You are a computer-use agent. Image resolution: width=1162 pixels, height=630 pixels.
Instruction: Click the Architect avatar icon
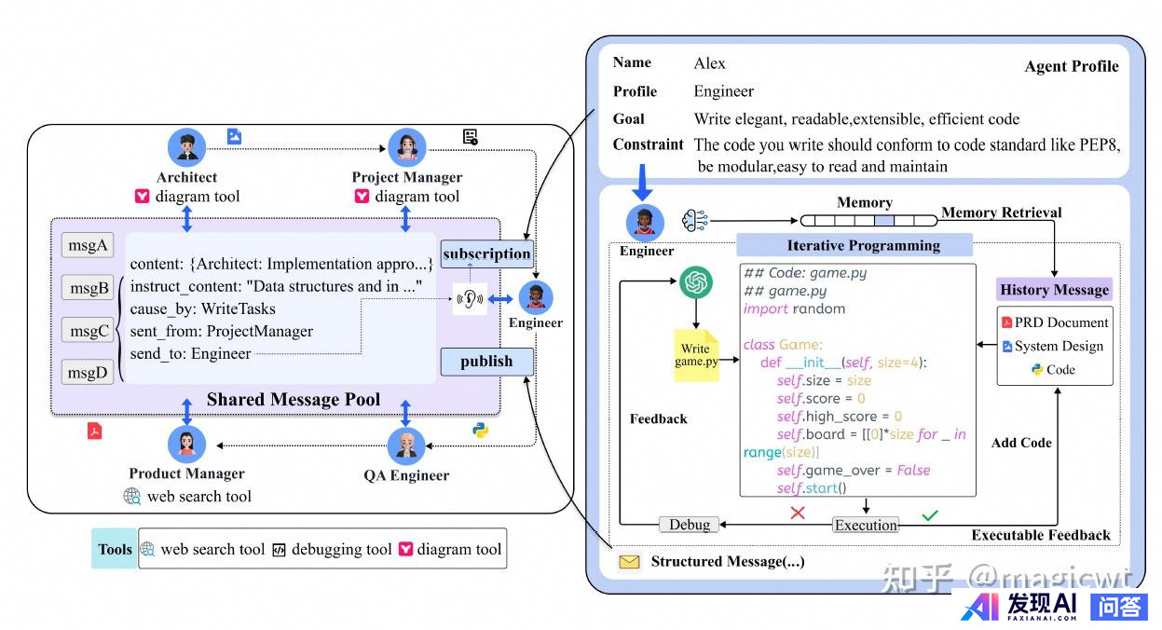pyautogui.click(x=186, y=147)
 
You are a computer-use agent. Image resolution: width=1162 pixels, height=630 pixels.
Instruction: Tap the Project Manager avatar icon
pyautogui.click(x=406, y=147)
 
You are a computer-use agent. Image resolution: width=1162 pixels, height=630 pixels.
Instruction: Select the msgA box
pyautogui.click(x=87, y=246)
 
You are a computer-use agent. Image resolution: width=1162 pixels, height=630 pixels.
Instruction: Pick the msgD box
pyautogui.click(x=87, y=373)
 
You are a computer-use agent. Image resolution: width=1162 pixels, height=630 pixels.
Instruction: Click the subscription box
pyautogui.click(x=486, y=253)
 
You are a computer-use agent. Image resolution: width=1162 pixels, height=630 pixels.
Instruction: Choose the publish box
pyautogui.click(x=486, y=362)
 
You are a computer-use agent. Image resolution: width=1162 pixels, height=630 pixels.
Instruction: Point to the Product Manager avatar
pyautogui.click(x=186, y=444)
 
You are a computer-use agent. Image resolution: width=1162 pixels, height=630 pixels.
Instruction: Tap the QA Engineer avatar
pyautogui.click(x=406, y=445)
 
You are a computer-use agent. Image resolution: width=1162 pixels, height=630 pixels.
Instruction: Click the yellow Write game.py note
pyautogui.click(x=696, y=355)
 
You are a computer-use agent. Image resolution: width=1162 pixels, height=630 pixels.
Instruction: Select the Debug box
pyautogui.click(x=690, y=525)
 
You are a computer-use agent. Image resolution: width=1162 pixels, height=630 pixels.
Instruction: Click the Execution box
pyautogui.click(x=866, y=525)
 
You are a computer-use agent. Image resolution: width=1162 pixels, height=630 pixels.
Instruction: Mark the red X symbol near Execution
pyautogui.click(x=798, y=513)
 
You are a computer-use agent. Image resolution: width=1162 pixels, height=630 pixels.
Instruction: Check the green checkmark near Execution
pyautogui.click(x=929, y=514)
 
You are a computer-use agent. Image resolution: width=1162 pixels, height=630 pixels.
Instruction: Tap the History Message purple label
pyautogui.click(x=1054, y=290)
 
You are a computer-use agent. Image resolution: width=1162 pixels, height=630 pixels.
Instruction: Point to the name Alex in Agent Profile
pyautogui.click(x=709, y=63)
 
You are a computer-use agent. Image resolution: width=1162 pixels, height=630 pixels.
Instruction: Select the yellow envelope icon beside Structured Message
pyautogui.click(x=630, y=562)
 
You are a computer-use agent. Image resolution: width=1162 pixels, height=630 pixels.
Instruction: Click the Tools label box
pyautogui.click(x=115, y=549)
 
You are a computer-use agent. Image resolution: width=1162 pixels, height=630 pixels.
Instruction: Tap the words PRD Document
pyautogui.click(x=1061, y=322)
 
